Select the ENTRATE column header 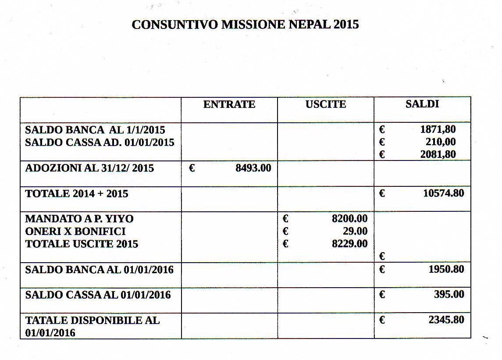[x=229, y=104]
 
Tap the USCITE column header [x=326, y=104]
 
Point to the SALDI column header [x=422, y=104]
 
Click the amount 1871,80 [x=438, y=130]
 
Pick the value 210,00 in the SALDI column [x=441, y=142]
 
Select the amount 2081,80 [x=438, y=154]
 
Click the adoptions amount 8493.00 [x=253, y=168]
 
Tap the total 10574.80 [x=443, y=193]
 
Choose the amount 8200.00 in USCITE [x=349, y=219]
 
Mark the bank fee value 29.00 [x=355, y=232]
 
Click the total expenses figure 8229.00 [x=349, y=244]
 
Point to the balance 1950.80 [x=446, y=269]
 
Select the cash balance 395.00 [x=449, y=294]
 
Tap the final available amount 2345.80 [x=446, y=320]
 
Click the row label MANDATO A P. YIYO [x=79, y=219]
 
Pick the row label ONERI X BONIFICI [x=75, y=232]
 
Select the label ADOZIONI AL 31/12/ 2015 [x=89, y=168]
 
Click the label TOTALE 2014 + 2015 [x=77, y=193]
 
